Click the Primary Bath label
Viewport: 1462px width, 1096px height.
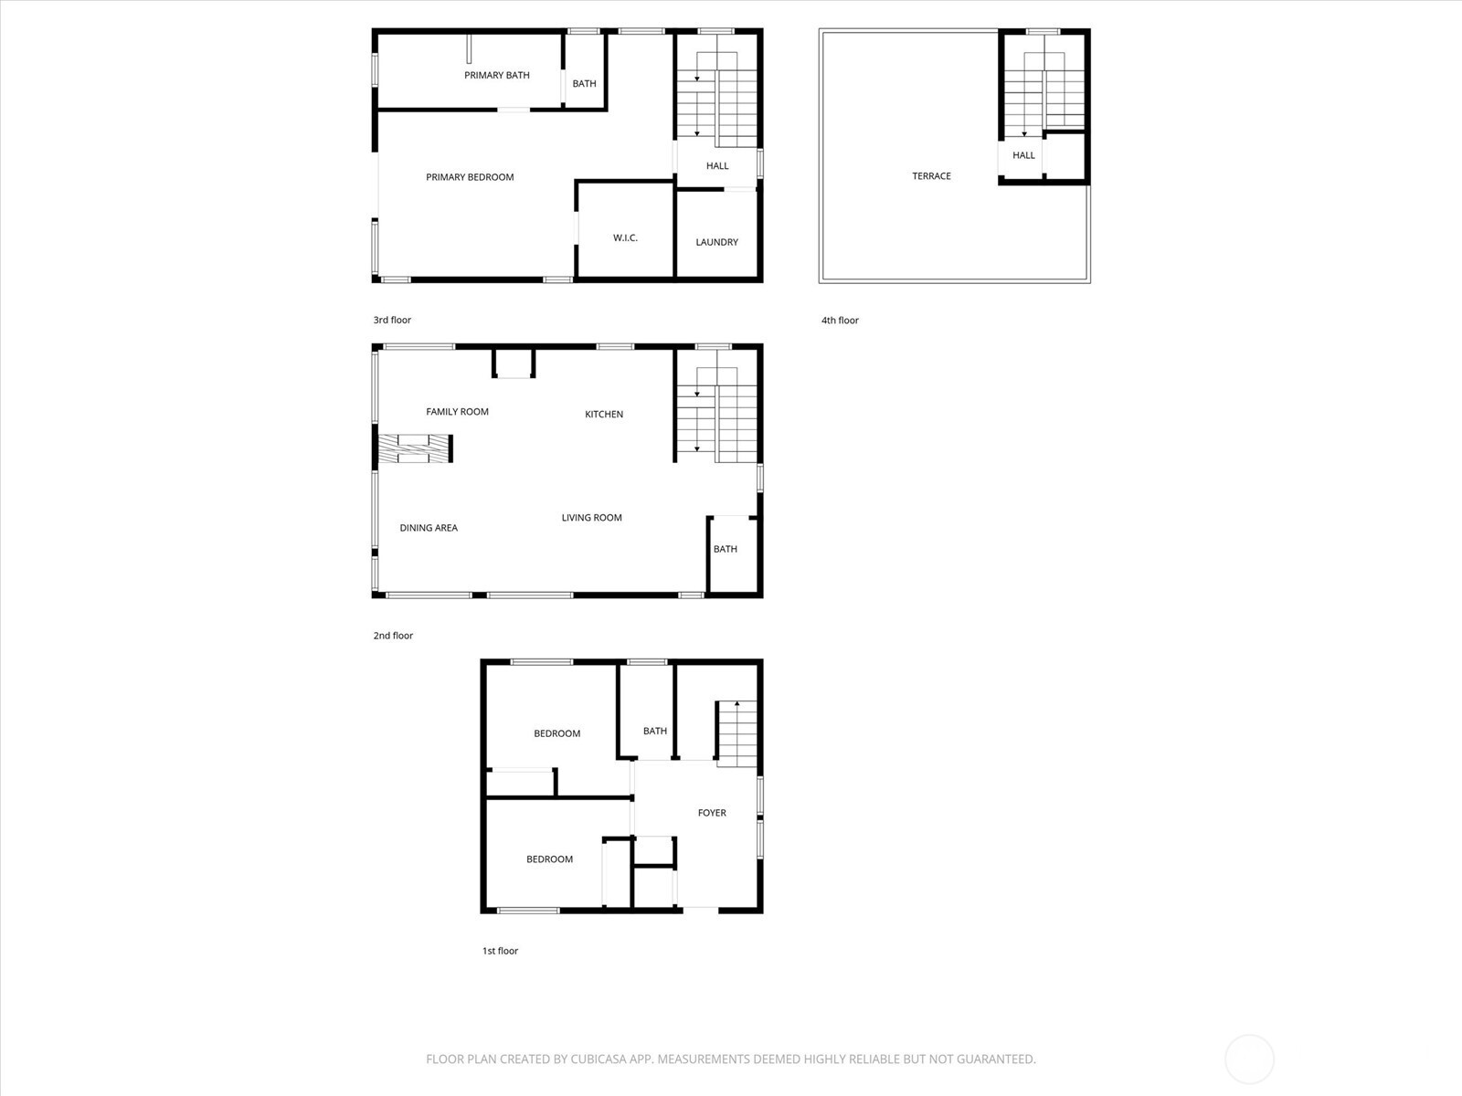pyautogui.click(x=496, y=75)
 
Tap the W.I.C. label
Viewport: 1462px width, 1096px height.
pyautogui.click(x=625, y=237)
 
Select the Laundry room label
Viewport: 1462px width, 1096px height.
pyautogui.click(x=716, y=242)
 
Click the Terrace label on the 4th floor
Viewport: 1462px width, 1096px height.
pyautogui.click(x=931, y=176)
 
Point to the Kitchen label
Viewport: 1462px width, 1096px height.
pyautogui.click(x=604, y=415)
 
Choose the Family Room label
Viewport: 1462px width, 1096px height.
pyautogui.click(x=457, y=412)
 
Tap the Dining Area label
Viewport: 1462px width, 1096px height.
pyautogui.click(x=429, y=528)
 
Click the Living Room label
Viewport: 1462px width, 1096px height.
pyautogui.click(x=591, y=518)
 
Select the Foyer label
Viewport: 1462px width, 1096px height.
pyautogui.click(x=712, y=813)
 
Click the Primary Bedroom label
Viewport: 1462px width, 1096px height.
pyautogui.click(x=470, y=177)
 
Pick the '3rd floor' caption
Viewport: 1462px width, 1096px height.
pyautogui.click(x=392, y=321)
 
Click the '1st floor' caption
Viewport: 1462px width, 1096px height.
pyautogui.click(x=500, y=951)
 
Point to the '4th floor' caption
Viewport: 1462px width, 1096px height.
pyautogui.click(x=840, y=321)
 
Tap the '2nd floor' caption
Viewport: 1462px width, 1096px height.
pyautogui.click(x=393, y=636)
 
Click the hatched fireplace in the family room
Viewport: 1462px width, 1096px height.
pyautogui.click(x=416, y=448)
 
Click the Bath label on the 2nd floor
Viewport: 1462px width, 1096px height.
pyautogui.click(x=725, y=549)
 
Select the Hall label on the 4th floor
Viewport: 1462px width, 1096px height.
pyautogui.click(x=1023, y=155)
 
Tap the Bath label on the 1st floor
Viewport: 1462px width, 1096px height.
pyautogui.click(x=654, y=731)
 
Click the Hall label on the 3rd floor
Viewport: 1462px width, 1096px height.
pyautogui.click(x=717, y=166)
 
